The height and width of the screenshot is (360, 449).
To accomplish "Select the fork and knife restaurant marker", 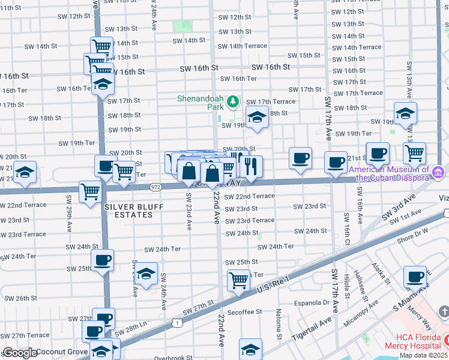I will click(252, 167).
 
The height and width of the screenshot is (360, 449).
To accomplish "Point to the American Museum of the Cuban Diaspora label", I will click(390, 173).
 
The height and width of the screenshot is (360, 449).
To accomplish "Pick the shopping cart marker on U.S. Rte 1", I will click(239, 280).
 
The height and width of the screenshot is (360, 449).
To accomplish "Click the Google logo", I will click(19, 353).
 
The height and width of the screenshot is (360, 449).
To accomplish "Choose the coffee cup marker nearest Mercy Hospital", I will click(415, 277).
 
